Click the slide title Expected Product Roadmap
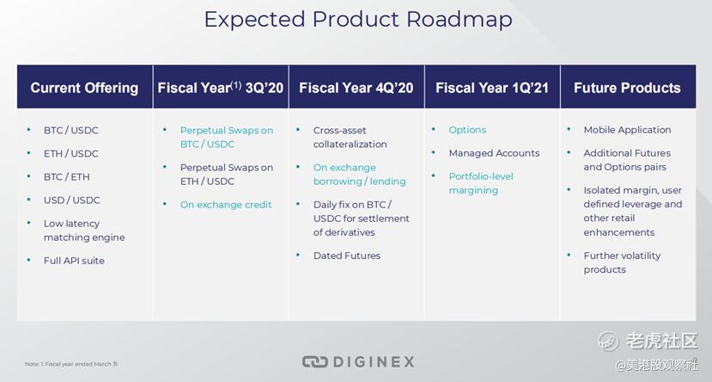[358, 20]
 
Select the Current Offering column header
[84, 88]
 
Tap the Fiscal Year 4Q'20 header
[356, 88]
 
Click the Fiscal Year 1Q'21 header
[492, 88]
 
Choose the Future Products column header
[627, 88]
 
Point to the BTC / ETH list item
[67, 177]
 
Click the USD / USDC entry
[72, 200]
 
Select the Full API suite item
[74, 261]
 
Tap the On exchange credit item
[226, 205]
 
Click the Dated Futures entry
[347, 256]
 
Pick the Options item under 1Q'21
[467, 130]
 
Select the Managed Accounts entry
[494, 153]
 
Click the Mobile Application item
[627, 130]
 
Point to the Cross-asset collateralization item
[350, 137]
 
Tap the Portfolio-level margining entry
[481, 183]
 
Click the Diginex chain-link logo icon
[314, 362]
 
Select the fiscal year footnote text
[71, 364]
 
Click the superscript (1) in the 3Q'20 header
[236, 84]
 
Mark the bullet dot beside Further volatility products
[569, 256]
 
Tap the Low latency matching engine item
[84, 231]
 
